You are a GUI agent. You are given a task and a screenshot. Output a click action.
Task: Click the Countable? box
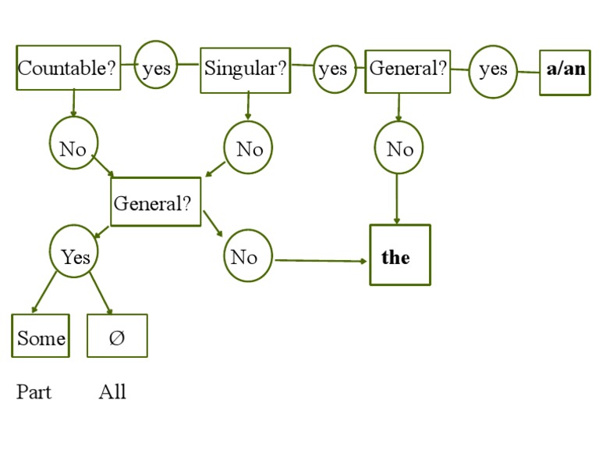click(69, 68)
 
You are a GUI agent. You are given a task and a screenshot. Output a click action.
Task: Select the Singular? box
click(246, 70)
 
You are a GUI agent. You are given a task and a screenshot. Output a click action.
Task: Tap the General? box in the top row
click(408, 70)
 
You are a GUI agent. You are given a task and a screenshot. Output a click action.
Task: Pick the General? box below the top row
click(155, 202)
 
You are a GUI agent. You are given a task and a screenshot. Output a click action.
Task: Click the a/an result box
click(565, 71)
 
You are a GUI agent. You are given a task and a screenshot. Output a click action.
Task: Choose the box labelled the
click(399, 255)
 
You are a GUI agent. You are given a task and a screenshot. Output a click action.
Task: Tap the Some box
click(41, 337)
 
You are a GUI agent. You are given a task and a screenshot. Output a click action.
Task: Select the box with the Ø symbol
click(116, 337)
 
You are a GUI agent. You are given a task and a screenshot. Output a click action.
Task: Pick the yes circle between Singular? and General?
click(334, 70)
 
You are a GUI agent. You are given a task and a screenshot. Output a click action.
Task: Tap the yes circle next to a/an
click(493, 71)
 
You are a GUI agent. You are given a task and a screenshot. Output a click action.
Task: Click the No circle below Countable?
click(73, 147)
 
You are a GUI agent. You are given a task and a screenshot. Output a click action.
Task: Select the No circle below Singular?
click(249, 148)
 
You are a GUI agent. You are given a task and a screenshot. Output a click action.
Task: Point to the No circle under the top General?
click(399, 148)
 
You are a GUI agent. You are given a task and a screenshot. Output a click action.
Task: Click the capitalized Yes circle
click(75, 255)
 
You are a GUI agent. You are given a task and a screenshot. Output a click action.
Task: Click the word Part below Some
click(34, 391)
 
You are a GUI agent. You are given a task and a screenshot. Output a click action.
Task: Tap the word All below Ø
click(112, 391)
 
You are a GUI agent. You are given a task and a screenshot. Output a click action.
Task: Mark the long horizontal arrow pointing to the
click(320, 260)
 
